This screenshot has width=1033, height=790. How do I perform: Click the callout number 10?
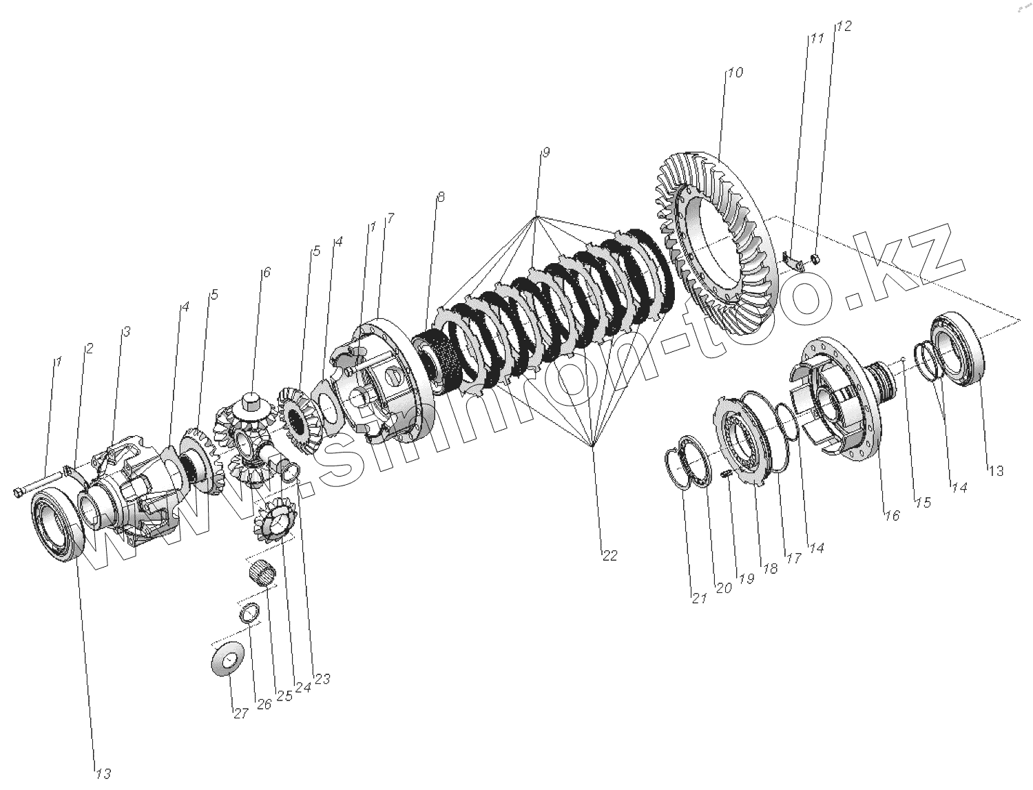coord(735,72)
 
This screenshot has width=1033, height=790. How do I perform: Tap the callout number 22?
coord(609,556)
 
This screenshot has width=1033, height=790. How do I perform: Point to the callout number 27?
coord(240,714)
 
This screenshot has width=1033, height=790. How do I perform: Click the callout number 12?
coord(844,26)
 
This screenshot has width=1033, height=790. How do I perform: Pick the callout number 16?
coord(892,514)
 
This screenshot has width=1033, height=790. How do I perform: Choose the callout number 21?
coord(700,599)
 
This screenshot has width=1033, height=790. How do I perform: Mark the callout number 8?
coord(441,197)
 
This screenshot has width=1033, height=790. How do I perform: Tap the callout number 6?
coord(266,272)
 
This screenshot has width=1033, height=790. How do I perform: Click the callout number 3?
coord(126,332)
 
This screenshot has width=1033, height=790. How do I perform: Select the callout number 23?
coord(322,679)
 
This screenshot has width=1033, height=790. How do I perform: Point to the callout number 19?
coord(747,579)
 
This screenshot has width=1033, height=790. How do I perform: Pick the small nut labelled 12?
coord(814,258)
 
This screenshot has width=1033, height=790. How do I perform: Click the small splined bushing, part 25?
coord(262,571)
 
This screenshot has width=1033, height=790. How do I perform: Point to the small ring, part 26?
coord(249,612)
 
